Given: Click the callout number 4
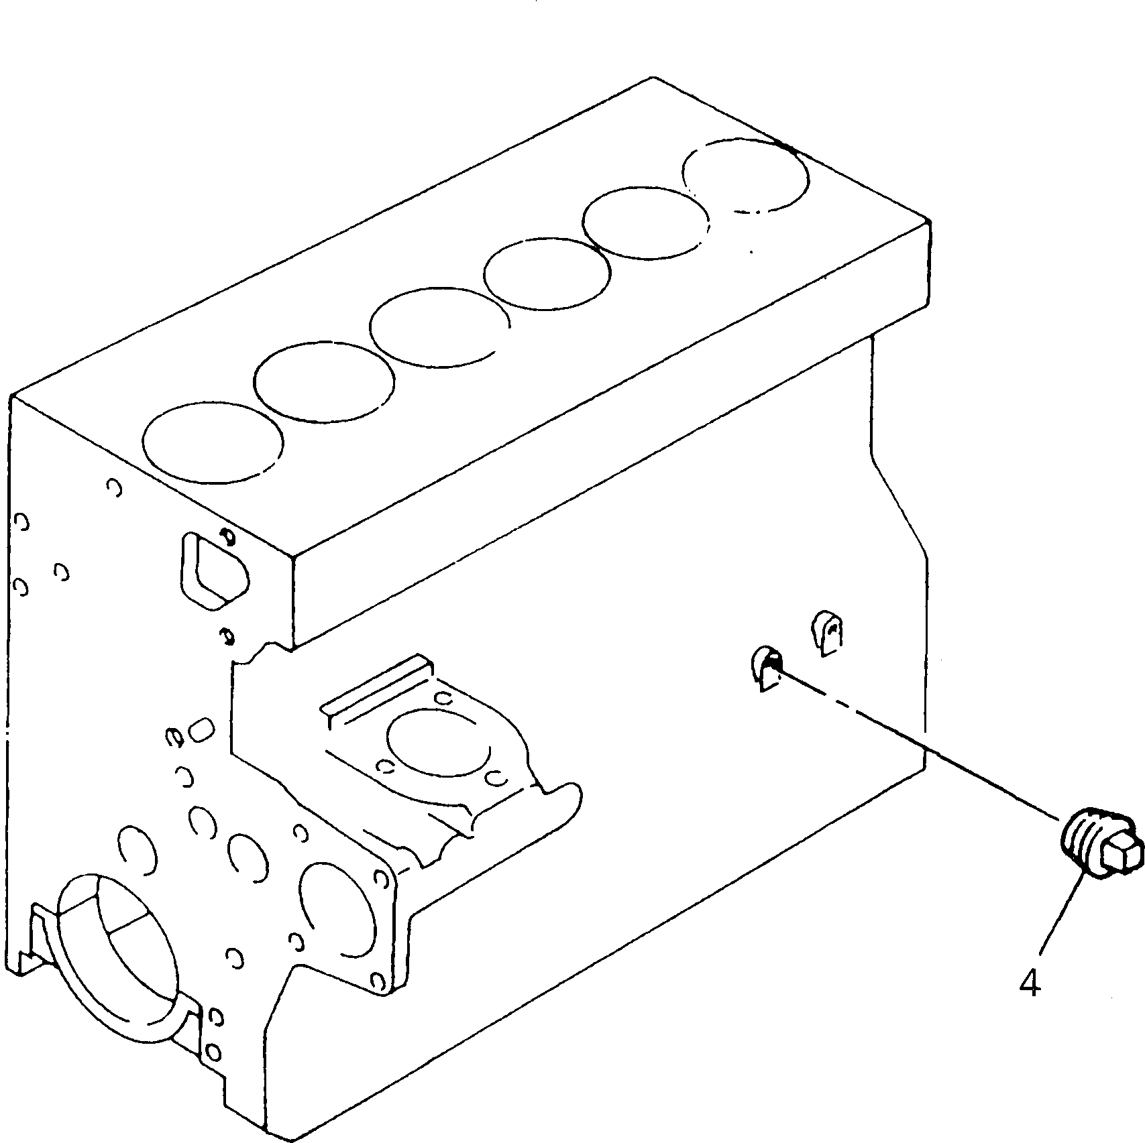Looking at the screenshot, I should (1030, 984).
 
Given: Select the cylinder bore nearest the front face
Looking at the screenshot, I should (213, 442).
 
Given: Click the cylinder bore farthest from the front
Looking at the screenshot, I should (745, 176).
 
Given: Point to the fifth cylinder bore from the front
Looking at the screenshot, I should (645, 227).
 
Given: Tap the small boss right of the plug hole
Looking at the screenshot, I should (829, 631).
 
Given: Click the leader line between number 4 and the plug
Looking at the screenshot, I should (1063, 928).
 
